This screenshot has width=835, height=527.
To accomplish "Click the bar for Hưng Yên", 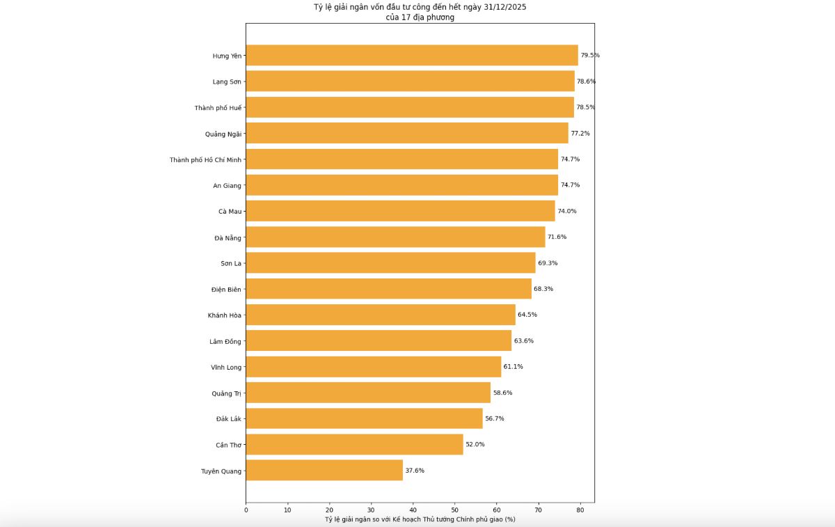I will pyautogui.click(x=412, y=55).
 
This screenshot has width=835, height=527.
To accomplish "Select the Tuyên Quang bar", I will pyautogui.click(x=324, y=471).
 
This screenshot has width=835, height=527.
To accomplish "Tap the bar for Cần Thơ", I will pyautogui.click(x=354, y=444).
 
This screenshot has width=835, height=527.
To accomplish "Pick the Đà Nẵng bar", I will pyautogui.click(x=395, y=237).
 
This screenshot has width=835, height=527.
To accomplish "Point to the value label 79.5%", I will pyautogui.click(x=590, y=55).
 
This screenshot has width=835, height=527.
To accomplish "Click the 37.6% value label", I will pyautogui.click(x=415, y=471).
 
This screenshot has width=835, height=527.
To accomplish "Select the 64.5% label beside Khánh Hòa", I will pyautogui.click(x=527, y=315).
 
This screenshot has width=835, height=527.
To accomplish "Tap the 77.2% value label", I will pyautogui.click(x=580, y=133).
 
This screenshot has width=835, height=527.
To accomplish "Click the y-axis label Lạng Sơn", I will pyautogui.click(x=227, y=81).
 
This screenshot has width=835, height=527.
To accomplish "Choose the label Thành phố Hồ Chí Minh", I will pyautogui.click(x=205, y=159).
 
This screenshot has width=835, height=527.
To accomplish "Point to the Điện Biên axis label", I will pyautogui.click(x=226, y=289).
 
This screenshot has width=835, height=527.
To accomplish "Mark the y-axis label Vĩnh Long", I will pyautogui.click(x=226, y=367).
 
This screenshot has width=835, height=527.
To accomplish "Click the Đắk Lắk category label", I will pyautogui.click(x=229, y=418).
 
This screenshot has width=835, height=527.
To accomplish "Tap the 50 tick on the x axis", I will pyautogui.click(x=455, y=510).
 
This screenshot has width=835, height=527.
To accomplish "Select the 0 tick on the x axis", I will pyautogui.click(x=246, y=510).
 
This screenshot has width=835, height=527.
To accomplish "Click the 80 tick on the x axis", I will pyautogui.click(x=580, y=510).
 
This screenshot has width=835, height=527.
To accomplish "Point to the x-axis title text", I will pyautogui.click(x=420, y=519).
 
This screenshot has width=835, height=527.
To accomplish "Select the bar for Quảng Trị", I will pyautogui.click(x=368, y=393).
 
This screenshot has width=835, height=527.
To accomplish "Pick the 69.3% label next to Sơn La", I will pyautogui.click(x=548, y=263).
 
